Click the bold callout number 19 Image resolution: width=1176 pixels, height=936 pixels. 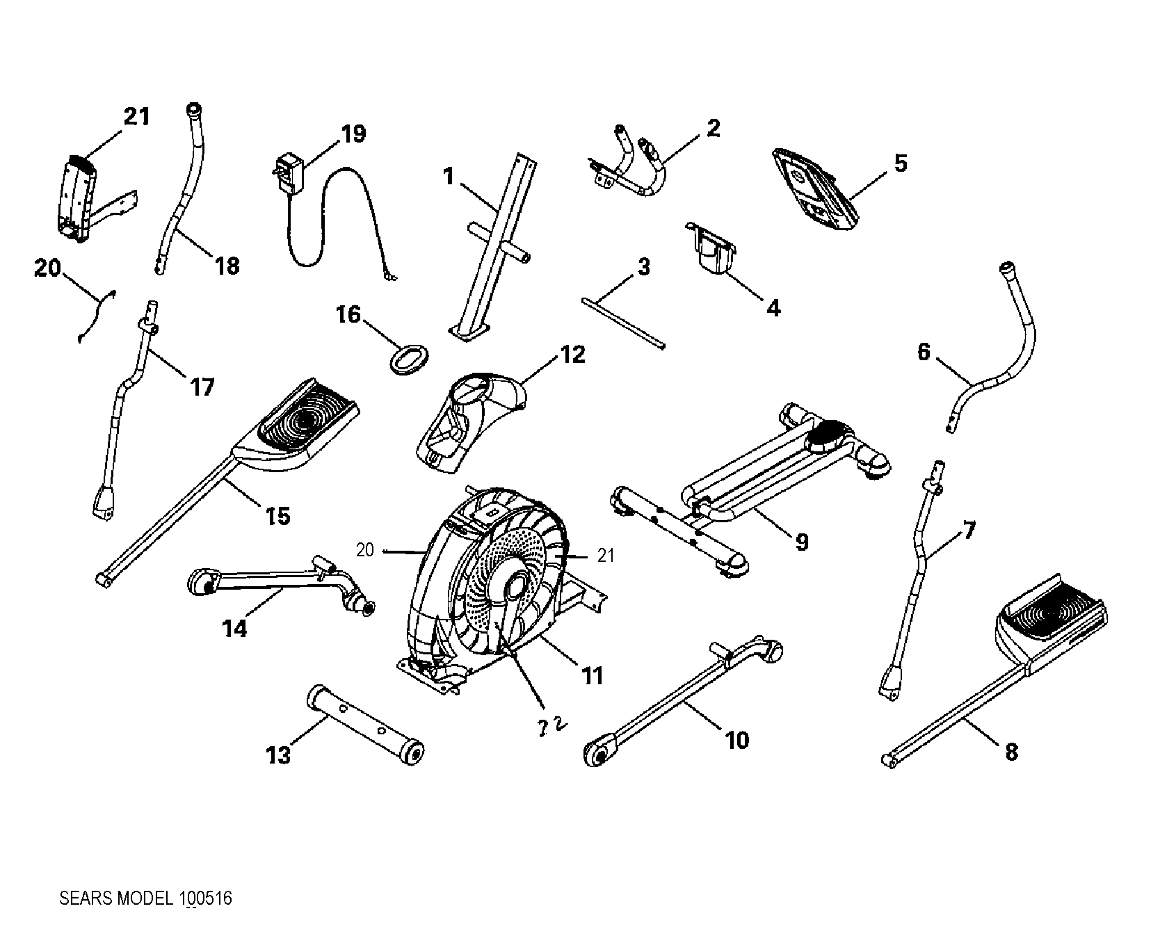click(x=353, y=134)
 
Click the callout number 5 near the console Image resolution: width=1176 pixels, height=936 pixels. click(x=900, y=163)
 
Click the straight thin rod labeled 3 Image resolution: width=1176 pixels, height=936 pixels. click(x=622, y=321)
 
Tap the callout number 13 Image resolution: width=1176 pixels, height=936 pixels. click(x=278, y=755)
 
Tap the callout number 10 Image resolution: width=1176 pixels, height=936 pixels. click(x=737, y=740)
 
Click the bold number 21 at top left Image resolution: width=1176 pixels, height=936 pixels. click(x=136, y=116)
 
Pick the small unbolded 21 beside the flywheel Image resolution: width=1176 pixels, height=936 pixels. click(x=606, y=555)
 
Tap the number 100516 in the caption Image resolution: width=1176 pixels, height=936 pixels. click(x=205, y=898)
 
